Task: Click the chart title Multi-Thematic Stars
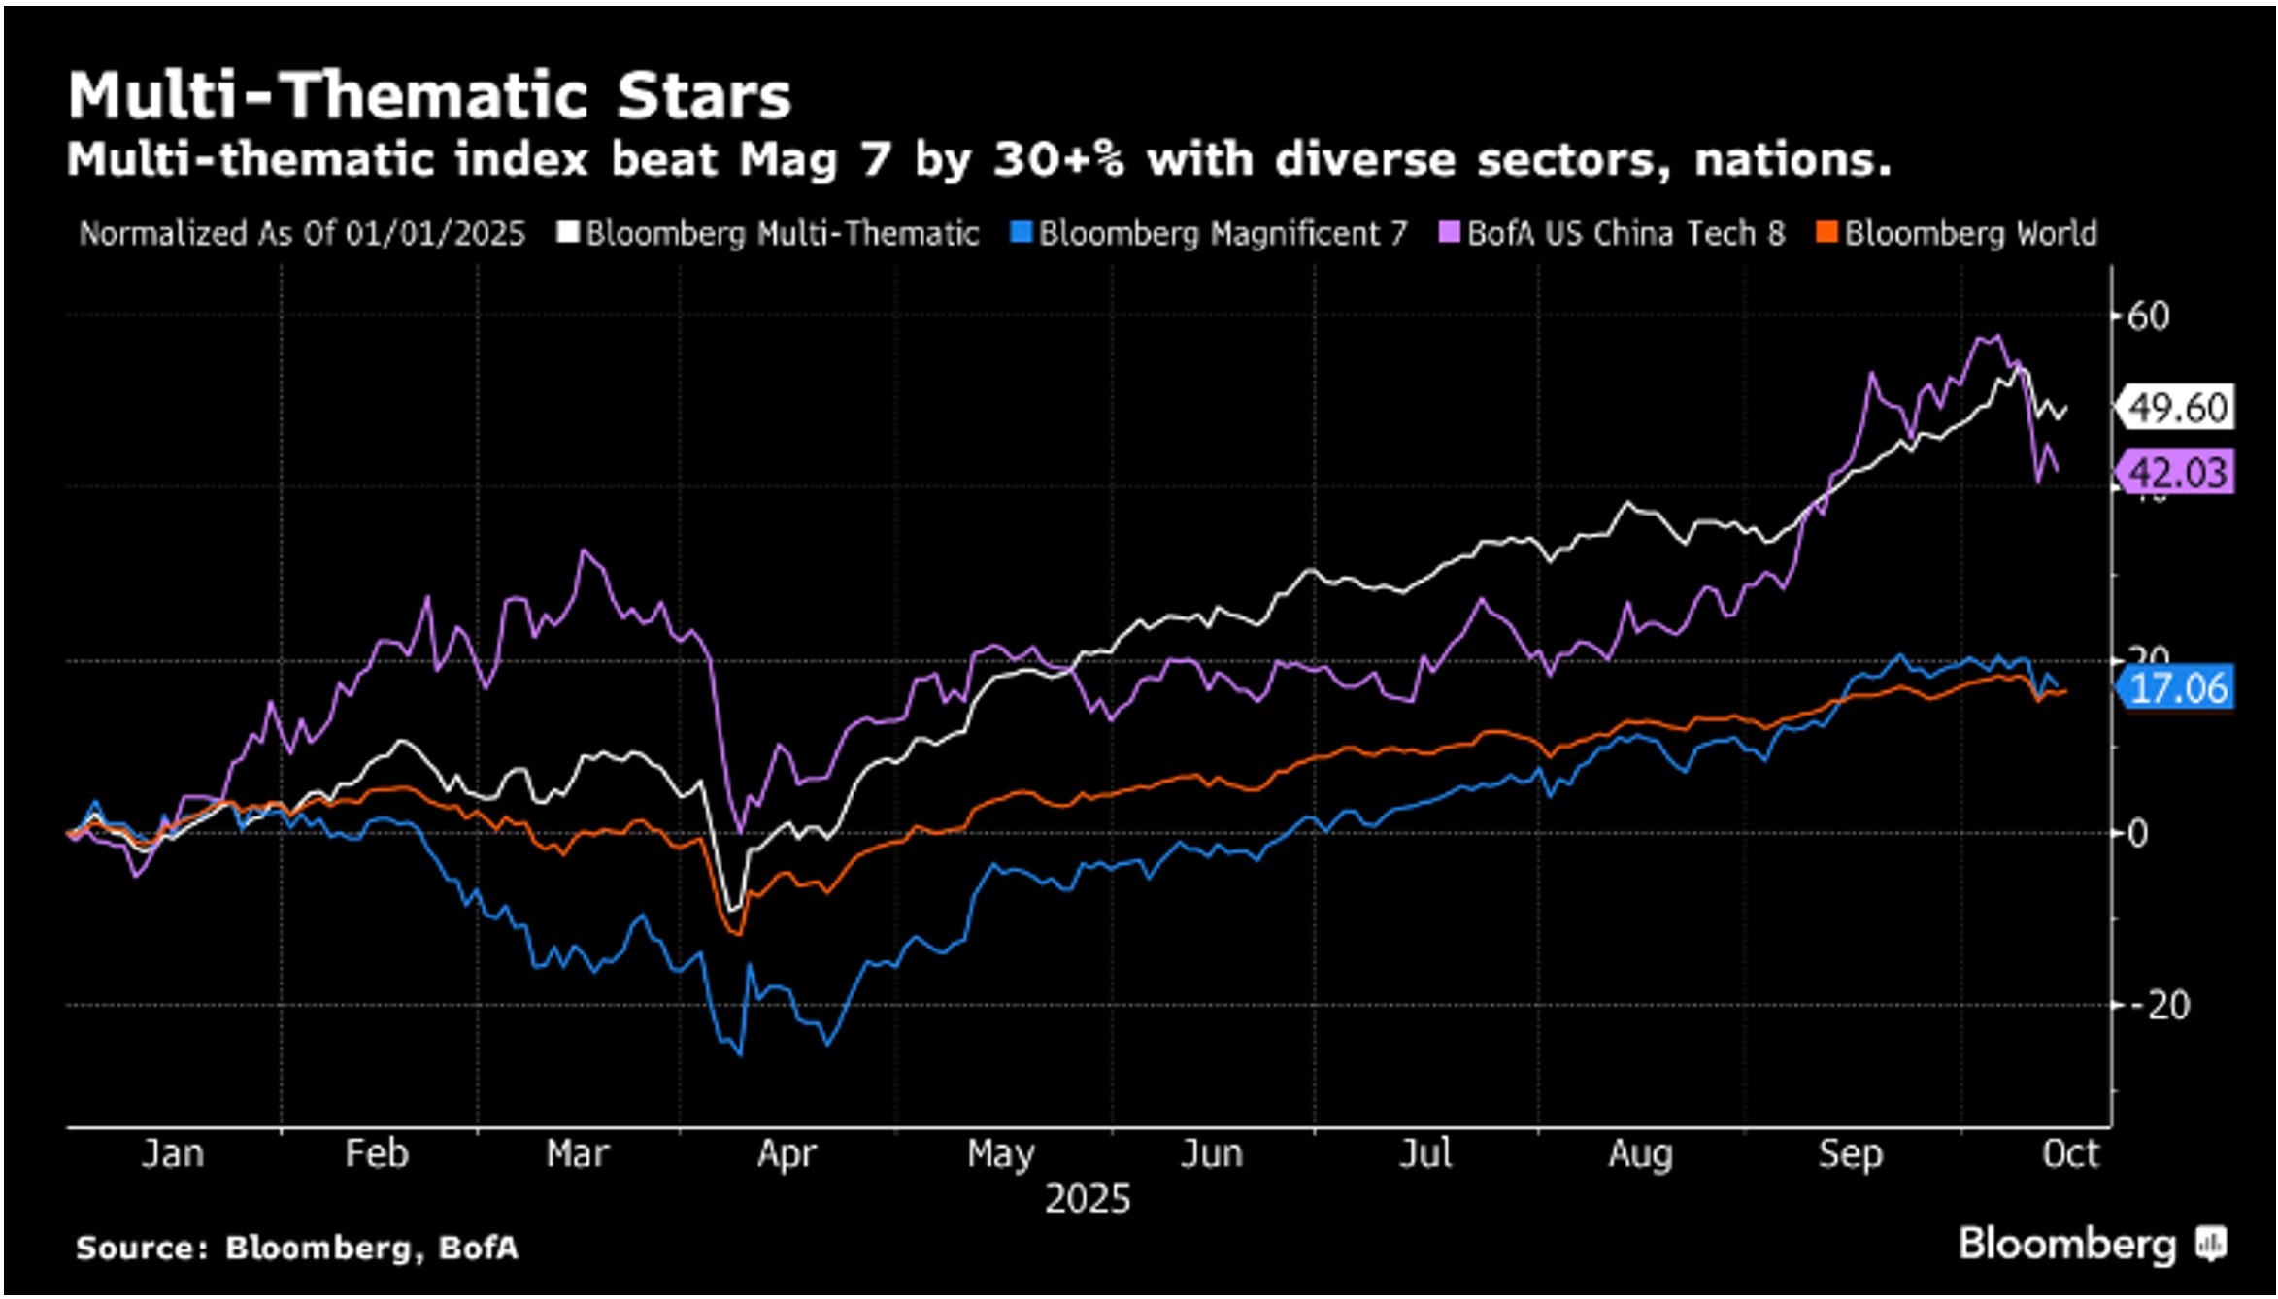(x=429, y=95)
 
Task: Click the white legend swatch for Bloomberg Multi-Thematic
(x=568, y=233)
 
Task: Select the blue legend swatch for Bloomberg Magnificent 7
(x=1021, y=233)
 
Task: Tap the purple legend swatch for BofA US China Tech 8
(x=1449, y=233)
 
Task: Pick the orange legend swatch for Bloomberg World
(x=1826, y=233)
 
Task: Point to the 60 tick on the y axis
(x=2147, y=316)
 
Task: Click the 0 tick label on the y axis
(x=2137, y=834)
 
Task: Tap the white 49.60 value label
(x=2177, y=408)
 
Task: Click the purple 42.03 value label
(x=2177, y=473)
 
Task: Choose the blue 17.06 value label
(x=2177, y=688)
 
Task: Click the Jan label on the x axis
(x=173, y=1154)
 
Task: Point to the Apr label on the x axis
(x=787, y=1154)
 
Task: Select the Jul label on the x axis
(x=1425, y=1154)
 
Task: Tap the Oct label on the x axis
(x=2069, y=1154)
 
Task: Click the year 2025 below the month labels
(x=1088, y=1200)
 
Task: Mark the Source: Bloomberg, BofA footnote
(x=297, y=1248)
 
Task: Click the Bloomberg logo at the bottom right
(x=2091, y=1245)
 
